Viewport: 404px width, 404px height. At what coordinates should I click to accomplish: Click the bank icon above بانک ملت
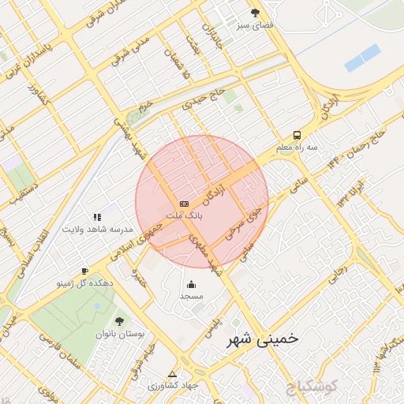click(184, 203)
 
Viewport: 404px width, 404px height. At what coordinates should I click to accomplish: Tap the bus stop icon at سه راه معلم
click(297, 135)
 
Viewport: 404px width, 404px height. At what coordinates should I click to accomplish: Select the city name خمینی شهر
click(262, 339)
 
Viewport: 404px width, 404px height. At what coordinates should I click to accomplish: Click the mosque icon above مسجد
click(191, 284)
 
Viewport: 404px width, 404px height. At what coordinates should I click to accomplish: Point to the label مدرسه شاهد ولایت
click(96, 229)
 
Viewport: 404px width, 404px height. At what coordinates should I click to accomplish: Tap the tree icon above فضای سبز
click(255, 13)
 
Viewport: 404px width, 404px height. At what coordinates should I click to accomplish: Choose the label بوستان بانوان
click(120, 334)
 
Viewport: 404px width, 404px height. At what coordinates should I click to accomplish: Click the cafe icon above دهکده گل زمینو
click(84, 271)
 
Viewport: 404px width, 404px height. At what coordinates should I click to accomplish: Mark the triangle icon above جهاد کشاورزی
click(172, 374)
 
